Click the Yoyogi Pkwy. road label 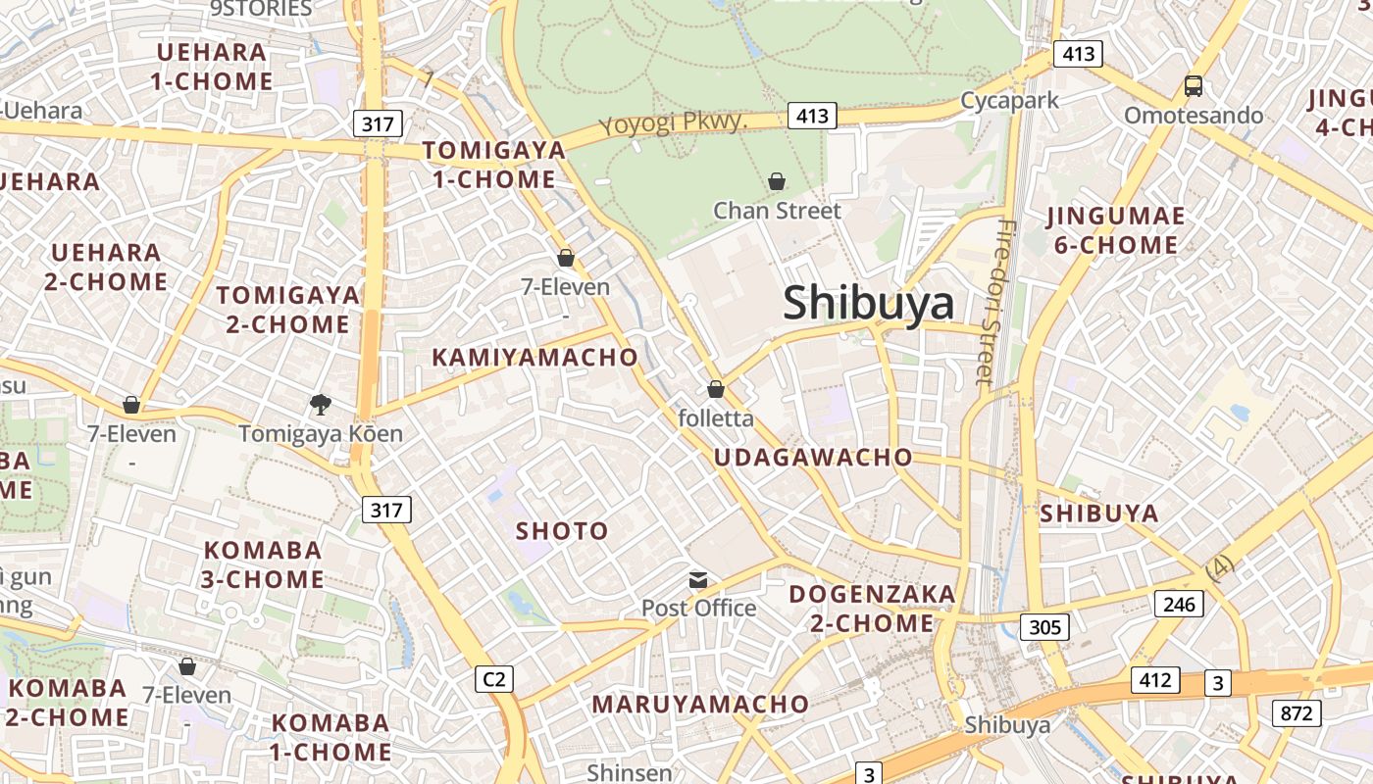point(674,124)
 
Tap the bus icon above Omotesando point(1194,86)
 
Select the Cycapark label point(1009,100)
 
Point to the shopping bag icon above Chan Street point(777,181)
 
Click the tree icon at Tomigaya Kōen point(320,404)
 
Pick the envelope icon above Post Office point(698,579)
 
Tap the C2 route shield point(494,679)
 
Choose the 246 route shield point(1179,604)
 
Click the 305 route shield point(1044,626)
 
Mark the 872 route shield point(1296,712)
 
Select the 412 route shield point(1155,679)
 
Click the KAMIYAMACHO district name point(534,358)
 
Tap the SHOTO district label point(562,531)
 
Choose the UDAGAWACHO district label point(813,458)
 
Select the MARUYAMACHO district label point(700,705)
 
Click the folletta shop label point(716,418)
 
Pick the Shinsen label point(630,772)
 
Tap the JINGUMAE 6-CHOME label point(1116,230)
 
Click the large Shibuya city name point(868,304)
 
